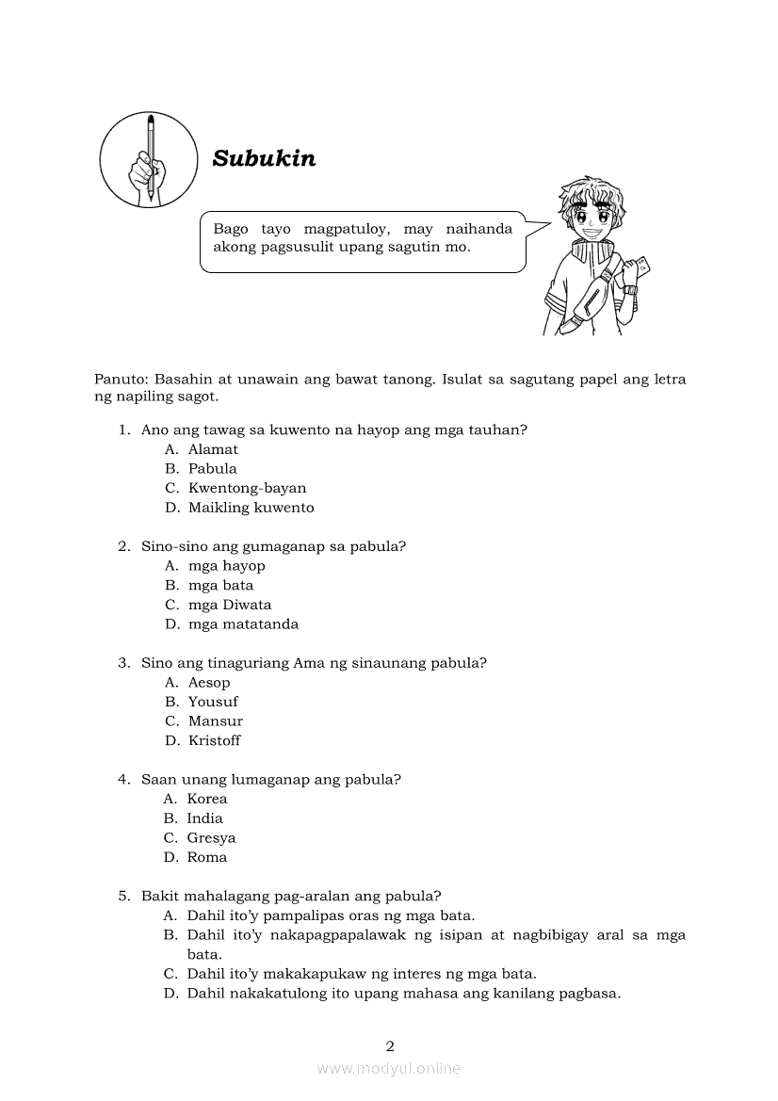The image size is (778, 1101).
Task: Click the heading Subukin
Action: [264, 158]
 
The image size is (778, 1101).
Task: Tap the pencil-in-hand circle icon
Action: [148, 158]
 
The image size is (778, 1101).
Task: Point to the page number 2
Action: [390, 1045]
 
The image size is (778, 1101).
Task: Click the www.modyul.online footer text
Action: [389, 1069]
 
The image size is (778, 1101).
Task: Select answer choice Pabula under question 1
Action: [212, 468]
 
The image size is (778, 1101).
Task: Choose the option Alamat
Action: [213, 449]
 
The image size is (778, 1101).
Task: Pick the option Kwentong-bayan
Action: [247, 488]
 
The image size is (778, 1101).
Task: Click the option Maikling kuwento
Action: [251, 508]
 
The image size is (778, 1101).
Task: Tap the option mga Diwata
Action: [229, 605]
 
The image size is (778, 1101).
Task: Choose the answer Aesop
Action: [208, 683]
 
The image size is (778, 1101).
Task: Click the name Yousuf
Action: [213, 702]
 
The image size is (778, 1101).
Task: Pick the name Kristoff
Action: [214, 740]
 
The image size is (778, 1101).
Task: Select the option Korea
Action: [206, 799]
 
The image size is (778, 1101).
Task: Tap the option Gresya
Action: [211, 838]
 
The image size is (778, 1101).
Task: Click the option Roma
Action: [206, 857]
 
